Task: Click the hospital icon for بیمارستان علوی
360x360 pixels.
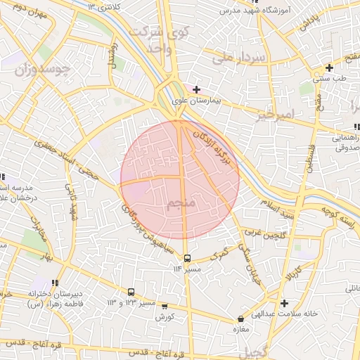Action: tap(196, 89)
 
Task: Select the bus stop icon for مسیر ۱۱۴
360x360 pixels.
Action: tap(187, 258)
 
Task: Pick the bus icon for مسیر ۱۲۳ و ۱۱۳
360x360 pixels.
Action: tap(131, 292)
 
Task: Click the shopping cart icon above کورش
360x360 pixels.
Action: tap(165, 307)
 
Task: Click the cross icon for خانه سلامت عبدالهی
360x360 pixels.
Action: tap(283, 303)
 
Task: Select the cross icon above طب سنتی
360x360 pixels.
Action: tap(328, 68)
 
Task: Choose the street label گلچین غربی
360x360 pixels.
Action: tap(262, 231)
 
